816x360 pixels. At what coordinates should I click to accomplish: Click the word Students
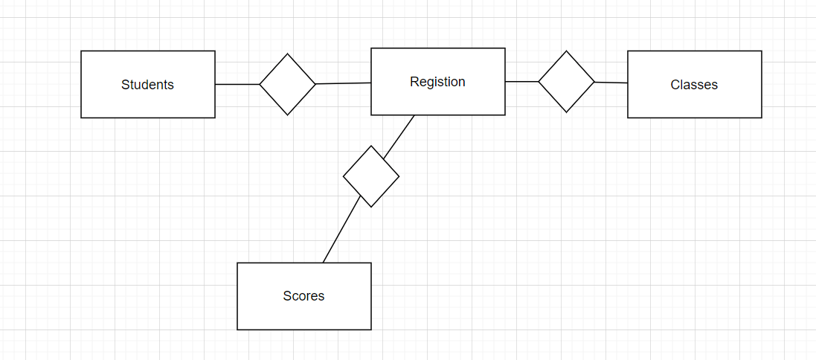(147, 85)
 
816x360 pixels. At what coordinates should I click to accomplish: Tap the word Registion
(437, 82)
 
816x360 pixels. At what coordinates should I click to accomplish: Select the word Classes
(694, 85)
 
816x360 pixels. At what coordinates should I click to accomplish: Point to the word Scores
(303, 296)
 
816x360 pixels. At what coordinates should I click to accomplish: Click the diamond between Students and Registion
(288, 85)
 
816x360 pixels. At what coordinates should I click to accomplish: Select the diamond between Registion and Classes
(567, 82)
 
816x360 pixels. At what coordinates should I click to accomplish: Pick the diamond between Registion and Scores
(371, 176)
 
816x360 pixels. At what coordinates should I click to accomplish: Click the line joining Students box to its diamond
(237, 85)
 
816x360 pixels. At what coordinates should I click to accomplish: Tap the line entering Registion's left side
(344, 84)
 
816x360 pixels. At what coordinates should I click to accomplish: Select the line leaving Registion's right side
(521, 82)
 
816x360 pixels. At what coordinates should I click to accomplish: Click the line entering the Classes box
(611, 83)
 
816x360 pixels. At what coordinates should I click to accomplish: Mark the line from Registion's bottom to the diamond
(399, 136)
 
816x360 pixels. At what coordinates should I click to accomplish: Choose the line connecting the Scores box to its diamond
(341, 230)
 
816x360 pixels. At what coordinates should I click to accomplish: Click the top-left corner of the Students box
(81, 51)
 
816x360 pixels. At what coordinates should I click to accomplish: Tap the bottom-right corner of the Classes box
(762, 118)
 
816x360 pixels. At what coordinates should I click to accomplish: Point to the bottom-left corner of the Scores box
(237, 330)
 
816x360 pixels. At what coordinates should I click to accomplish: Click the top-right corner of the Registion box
(505, 48)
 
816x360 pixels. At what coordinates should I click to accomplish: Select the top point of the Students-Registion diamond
(288, 54)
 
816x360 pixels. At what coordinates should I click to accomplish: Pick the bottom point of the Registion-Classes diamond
(567, 112)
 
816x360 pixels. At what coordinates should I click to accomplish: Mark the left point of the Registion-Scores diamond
(344, 176)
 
